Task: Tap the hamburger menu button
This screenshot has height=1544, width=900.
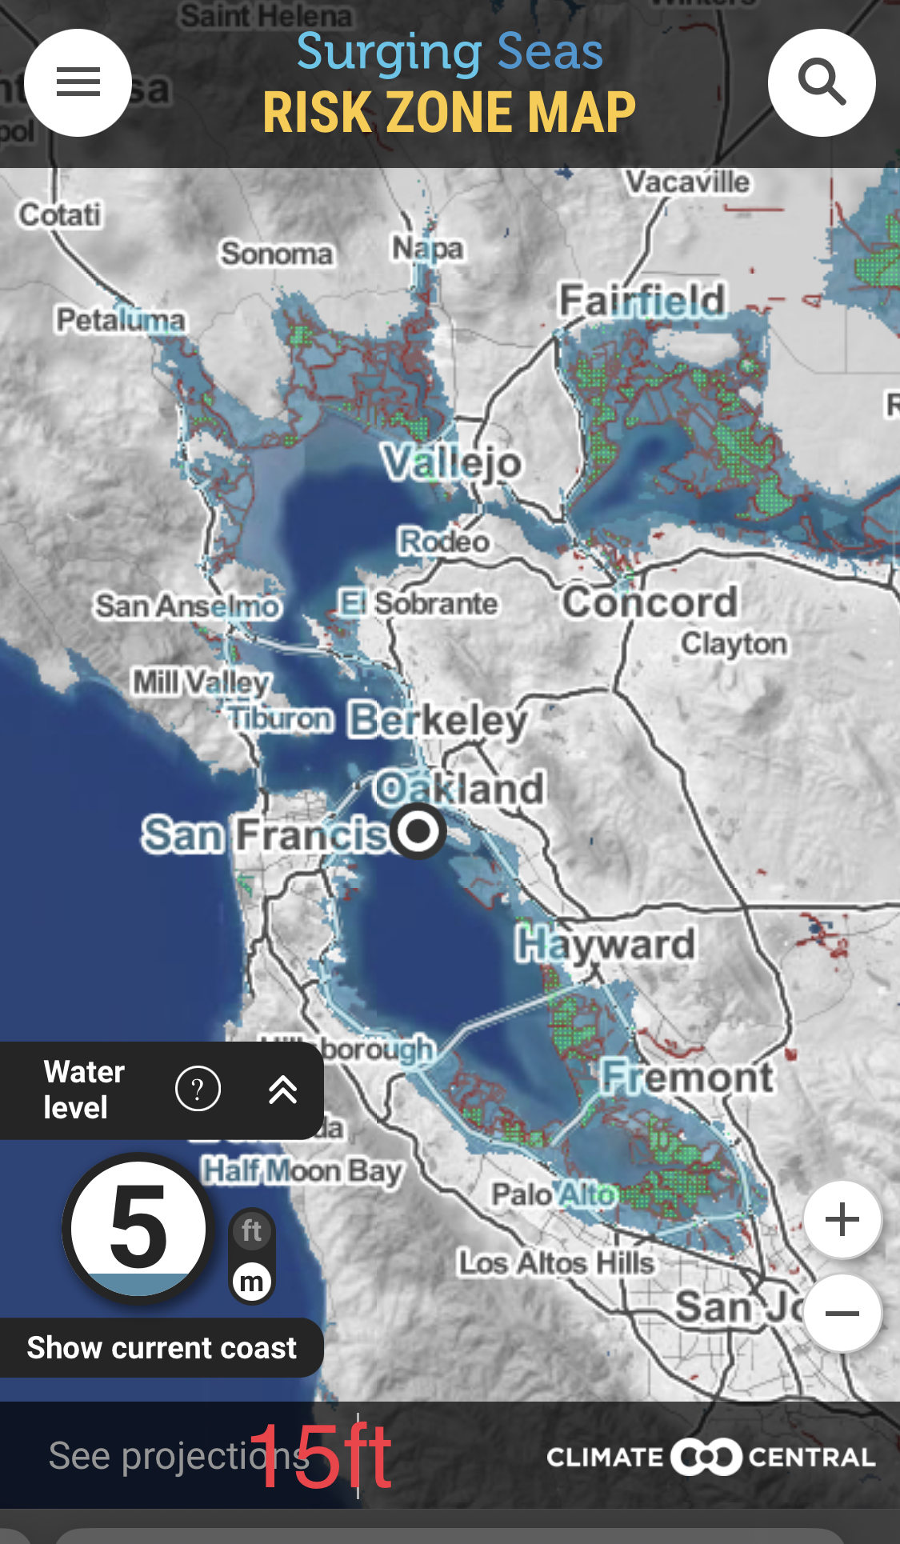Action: (78, 82)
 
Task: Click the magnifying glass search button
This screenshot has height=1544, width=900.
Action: (822, 82)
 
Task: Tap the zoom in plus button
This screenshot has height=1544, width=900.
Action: (842, 1220)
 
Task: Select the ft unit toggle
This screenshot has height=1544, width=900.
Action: (252, 1231)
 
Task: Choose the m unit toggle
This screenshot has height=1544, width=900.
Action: (252, 1282)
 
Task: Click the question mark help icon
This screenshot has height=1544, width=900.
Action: (198, 1089)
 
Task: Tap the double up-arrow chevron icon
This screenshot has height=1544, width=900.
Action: (283, 1090)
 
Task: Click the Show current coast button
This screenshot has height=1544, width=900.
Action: (161, 1348)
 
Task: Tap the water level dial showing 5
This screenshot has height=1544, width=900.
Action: (138, 1228)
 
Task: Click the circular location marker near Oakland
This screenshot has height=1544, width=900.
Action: (418, 832)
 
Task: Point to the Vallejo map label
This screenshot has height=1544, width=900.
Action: (452, 463)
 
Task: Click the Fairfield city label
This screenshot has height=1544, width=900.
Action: (642, 301)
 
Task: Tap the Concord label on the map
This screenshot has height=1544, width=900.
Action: (649, 602)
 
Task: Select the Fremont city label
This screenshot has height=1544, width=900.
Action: (687, 1077)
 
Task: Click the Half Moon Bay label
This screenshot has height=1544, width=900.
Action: (302, 1171)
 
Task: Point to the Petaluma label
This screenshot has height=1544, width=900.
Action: (120, 321)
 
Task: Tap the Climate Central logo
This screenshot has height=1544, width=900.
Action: (710, 1457)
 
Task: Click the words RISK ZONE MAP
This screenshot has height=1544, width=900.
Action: (449, 112)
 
